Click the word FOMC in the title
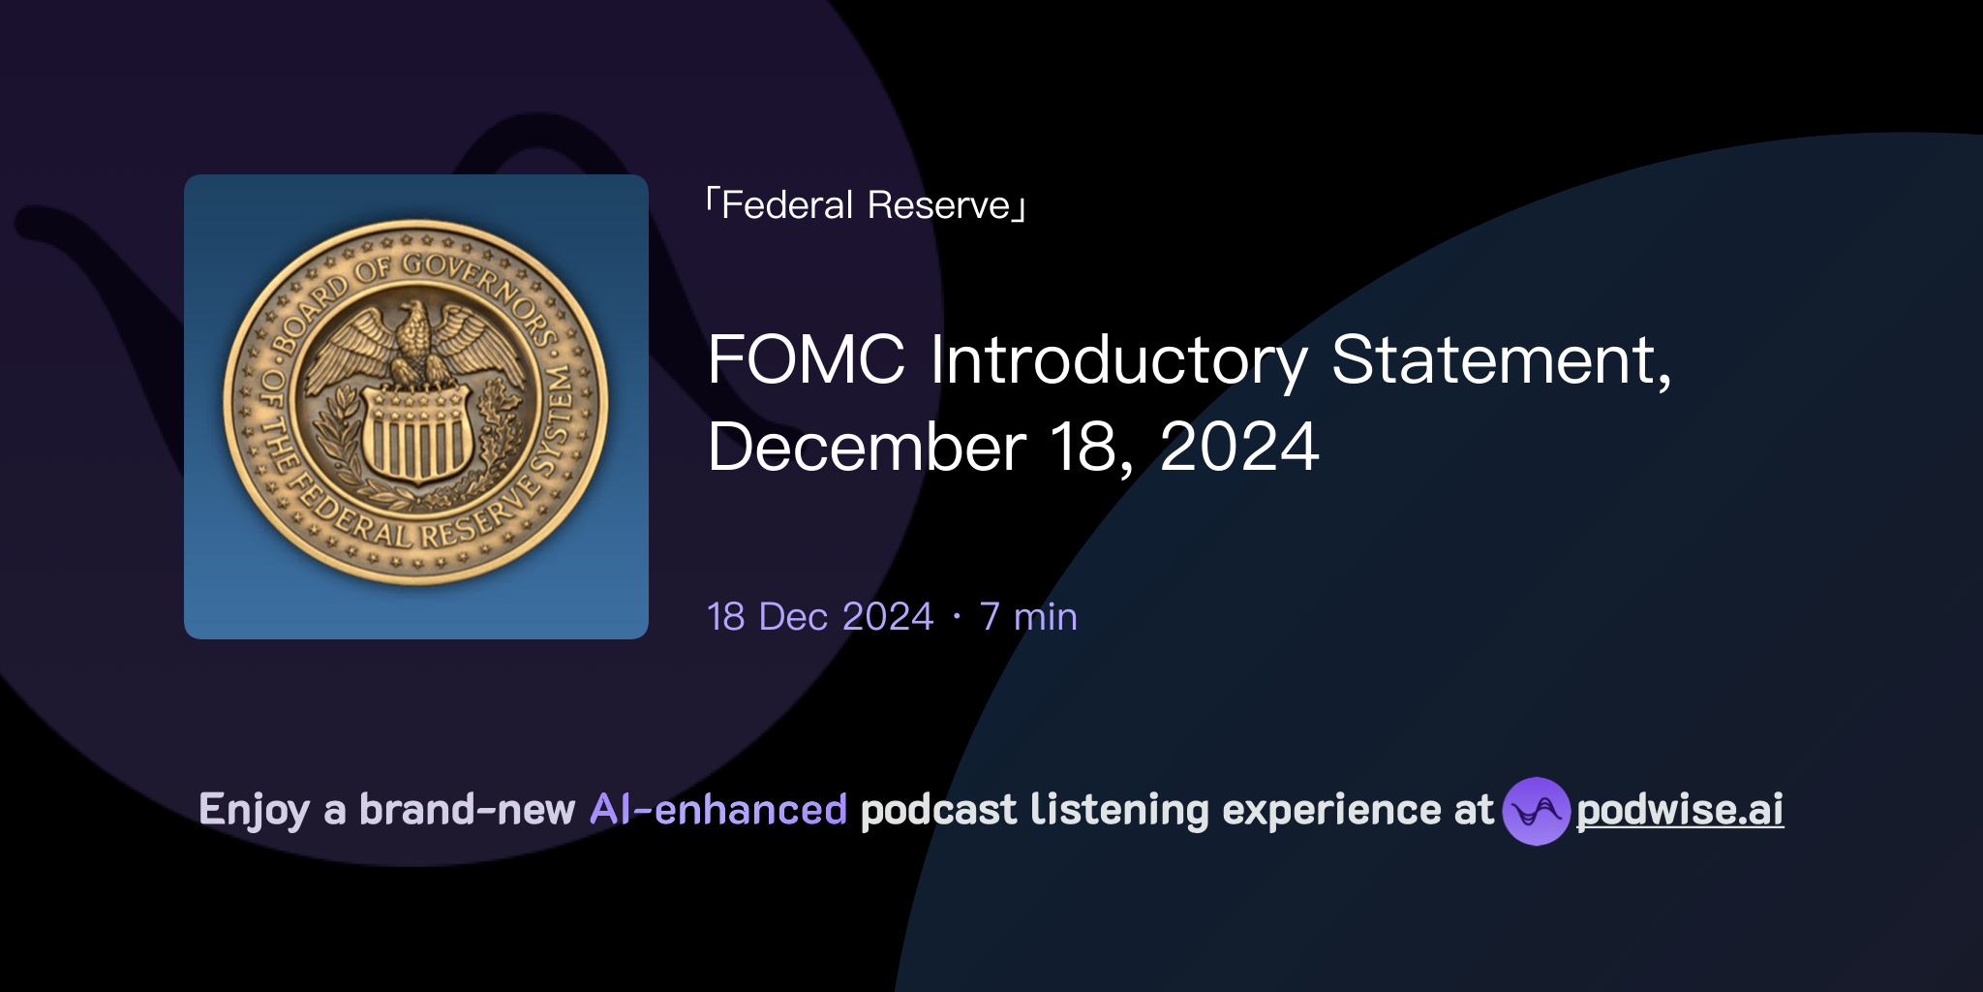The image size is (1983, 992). point(806,360)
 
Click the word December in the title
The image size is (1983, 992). point(867,448)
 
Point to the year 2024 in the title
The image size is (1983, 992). point(1238,448)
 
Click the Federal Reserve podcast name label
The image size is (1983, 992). point(866,205)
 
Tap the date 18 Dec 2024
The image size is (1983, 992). point(820,617)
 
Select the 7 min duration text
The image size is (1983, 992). point(1028,617)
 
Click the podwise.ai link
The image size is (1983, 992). point(1680,810)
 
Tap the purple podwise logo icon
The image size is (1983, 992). point(1536,811)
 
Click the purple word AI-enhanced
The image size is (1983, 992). point(718,810)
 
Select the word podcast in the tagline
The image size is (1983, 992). point(938,810)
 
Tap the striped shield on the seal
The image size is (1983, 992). point(417,436)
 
